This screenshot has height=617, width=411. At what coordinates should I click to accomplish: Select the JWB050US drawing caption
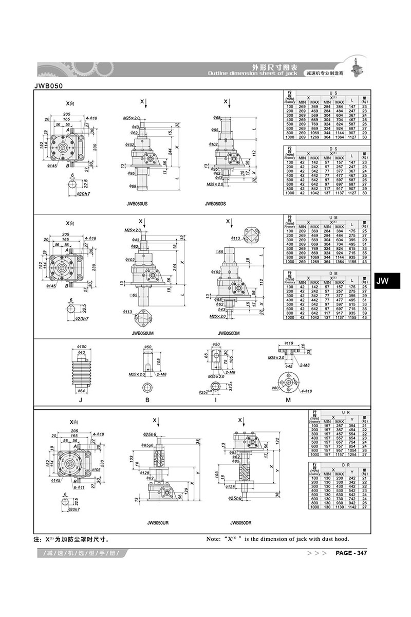click(x=137, y=204)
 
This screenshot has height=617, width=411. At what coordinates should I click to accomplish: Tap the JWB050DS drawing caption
click(x=216, y=204)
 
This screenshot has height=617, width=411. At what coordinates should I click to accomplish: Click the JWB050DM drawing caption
click(x=229, y=333)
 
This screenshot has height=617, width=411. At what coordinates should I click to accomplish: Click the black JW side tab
click(x=383, y=281)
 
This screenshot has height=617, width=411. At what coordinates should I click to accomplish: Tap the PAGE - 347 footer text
click(x=351, y=553)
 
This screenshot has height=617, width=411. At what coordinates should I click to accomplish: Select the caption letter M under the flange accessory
click(x=288, y=400)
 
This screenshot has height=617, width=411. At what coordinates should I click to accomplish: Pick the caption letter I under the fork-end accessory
click(x=216, y=400)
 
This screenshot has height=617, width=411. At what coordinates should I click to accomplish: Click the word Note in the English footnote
click(x=215, y=539)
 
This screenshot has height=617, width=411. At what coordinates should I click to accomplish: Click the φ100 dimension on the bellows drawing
click(x=81, y=348)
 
